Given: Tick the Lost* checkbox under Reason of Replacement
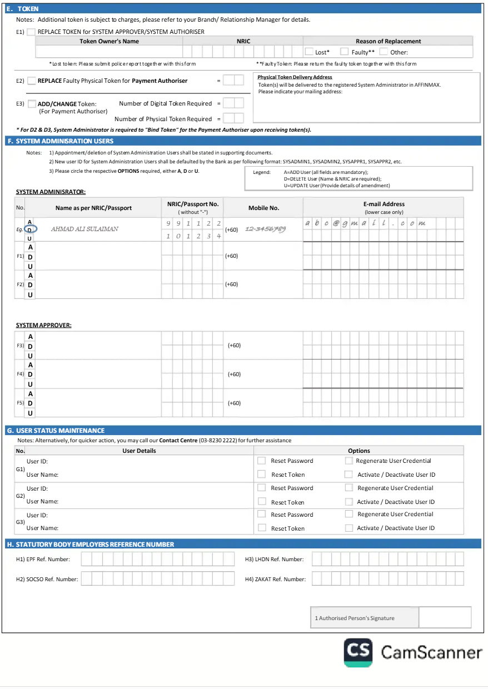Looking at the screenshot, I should [309, 52].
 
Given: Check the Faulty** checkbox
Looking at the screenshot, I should [345, 52].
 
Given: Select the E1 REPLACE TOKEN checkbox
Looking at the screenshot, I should [31, 32].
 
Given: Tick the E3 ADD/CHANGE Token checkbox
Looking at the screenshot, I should [32, 104].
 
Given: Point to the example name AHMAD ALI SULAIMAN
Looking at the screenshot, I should [84, 229].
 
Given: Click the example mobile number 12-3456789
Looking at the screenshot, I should [265, 229].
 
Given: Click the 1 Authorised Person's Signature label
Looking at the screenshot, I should [354, 618].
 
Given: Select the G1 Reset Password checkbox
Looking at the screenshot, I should [262, 461].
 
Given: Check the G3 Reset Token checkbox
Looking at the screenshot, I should [262, 528].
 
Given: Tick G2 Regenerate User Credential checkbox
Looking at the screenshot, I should [348, 488].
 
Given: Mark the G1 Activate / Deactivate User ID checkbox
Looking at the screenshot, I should [348, 475].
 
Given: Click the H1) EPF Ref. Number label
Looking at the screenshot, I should [47, 559].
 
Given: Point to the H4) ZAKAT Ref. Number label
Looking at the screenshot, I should [275, 579].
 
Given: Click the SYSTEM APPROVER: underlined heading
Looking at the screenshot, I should [43, 325].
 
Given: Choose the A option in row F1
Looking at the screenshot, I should [31, 247].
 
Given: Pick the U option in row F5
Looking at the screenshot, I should [31, 413].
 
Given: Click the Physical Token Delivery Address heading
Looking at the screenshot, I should [295, 77].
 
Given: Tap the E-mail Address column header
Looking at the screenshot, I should [384, 204].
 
